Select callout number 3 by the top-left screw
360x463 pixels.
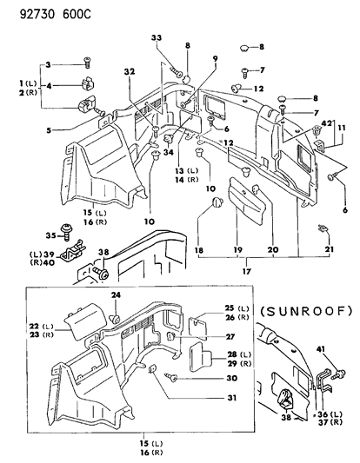click(x=49, y=64)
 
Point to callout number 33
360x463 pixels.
click(x=156, y=38)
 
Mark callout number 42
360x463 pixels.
click(x=324, y=123)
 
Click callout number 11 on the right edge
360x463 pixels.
click(x=343, y=129)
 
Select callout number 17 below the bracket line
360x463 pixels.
click(x=249, y=270)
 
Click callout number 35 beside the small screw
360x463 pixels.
click(x=50, y=235)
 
